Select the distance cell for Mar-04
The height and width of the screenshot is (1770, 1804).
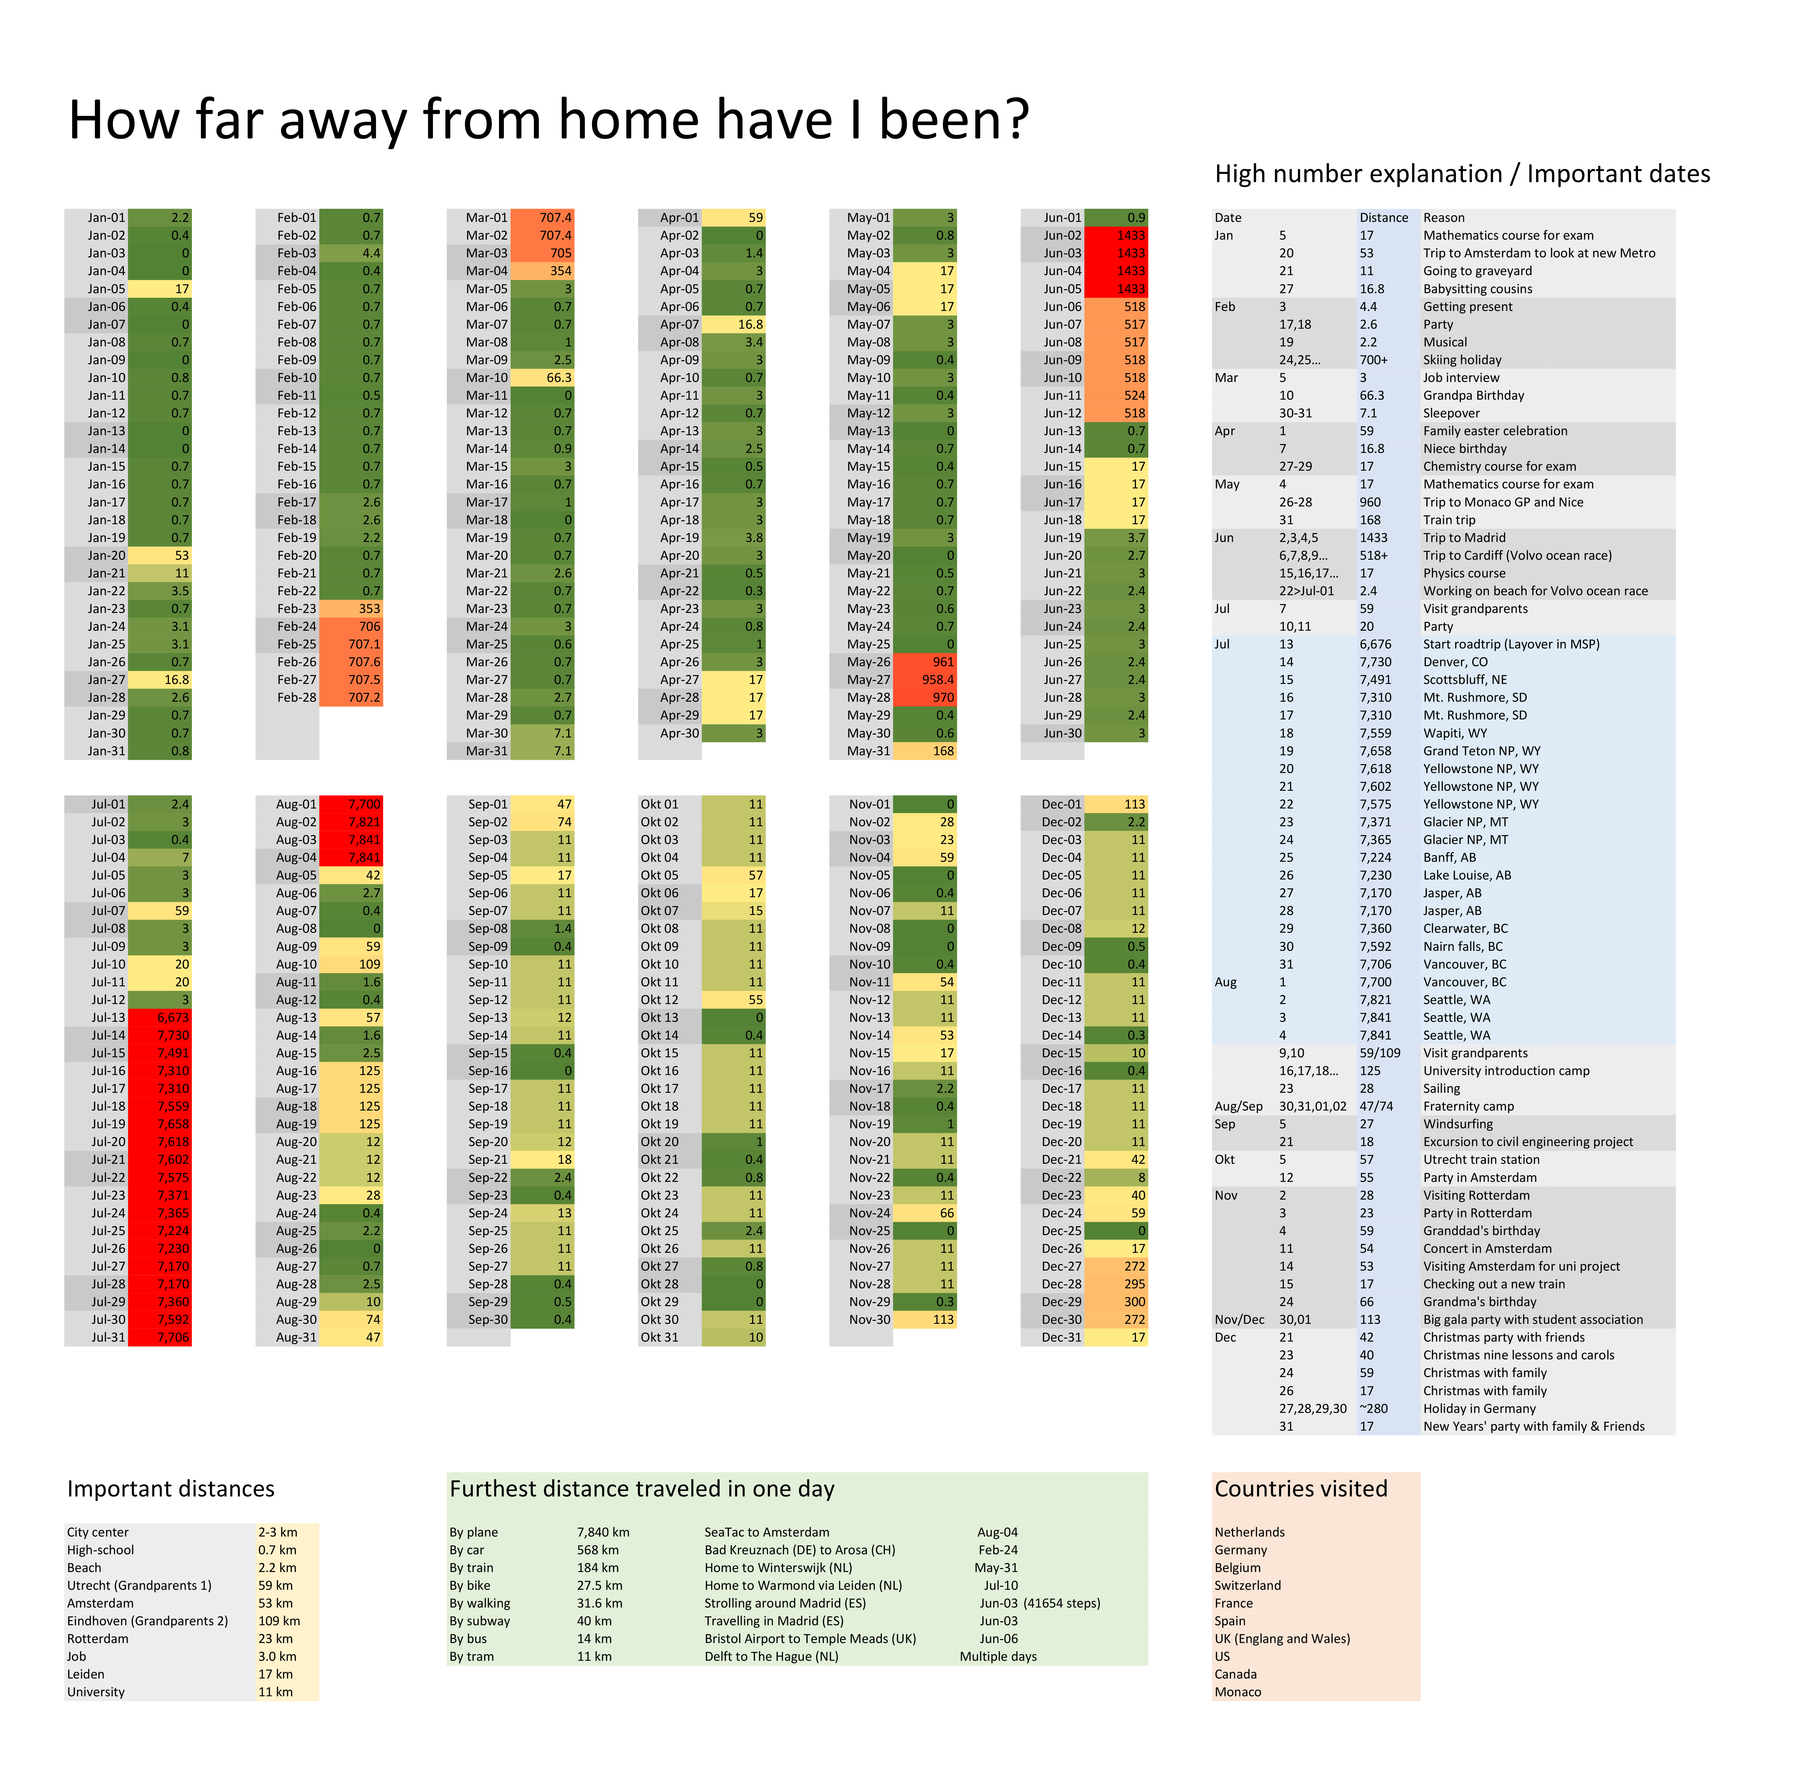(542, 271)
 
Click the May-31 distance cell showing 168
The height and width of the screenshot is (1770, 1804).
(925, 751)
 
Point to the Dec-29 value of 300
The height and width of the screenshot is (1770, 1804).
(1117, 1301)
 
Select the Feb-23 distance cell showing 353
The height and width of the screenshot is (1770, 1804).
(351, 609)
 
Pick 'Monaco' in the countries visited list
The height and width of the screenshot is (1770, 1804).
(1238, 1692)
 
